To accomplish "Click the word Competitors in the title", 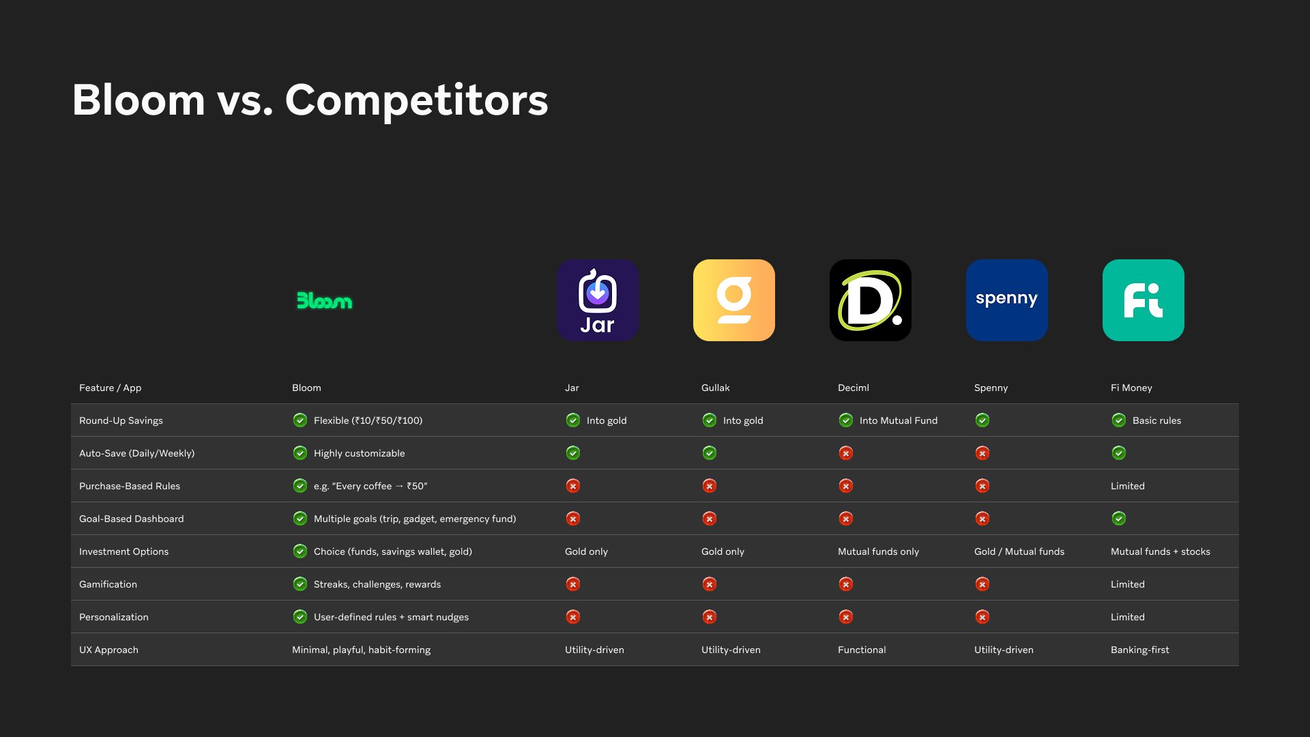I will (x=416, y=100).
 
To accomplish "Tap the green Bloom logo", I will (x=325, y=300).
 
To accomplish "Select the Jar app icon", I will (x=598, y=300).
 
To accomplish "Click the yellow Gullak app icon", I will (x=734, y=300).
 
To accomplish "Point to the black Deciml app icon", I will (x=871, y=300).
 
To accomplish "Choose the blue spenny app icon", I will (x=1007, y=300).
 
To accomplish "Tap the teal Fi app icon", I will (x=1144, y=300).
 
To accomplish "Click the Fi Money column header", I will (x=1131, y=388).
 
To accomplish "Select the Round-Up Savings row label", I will (x=121, y=420).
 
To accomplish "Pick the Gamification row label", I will (x=108, y=584).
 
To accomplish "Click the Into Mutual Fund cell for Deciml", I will (x=898, y=420).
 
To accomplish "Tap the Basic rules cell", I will (x=1156, y=420).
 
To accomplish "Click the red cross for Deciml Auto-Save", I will (x=846, y=453).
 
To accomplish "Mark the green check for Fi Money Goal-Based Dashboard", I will (x=1119, y=519).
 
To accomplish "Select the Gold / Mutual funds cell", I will (x=1019, y=551).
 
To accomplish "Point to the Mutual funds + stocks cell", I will (x=1161, y=551).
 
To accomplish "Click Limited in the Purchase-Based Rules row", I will (x=1128, y=486).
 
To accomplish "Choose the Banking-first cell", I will (x=1140, y=650).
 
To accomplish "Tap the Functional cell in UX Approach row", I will (x=862, y=650).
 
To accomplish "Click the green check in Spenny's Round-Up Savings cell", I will (x=982, y=420).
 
